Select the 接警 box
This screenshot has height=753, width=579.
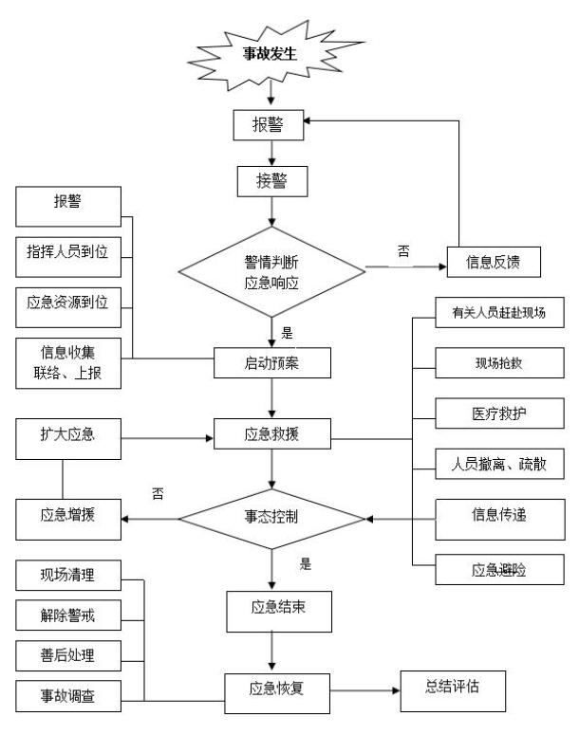273,182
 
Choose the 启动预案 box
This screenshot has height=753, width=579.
273,360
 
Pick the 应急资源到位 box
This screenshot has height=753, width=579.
68,303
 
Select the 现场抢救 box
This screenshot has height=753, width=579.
500,362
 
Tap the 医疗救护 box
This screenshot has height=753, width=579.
500,414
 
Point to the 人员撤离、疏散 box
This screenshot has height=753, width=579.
500,467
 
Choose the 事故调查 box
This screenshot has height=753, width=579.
68,694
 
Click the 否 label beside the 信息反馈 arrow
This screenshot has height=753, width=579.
402,250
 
